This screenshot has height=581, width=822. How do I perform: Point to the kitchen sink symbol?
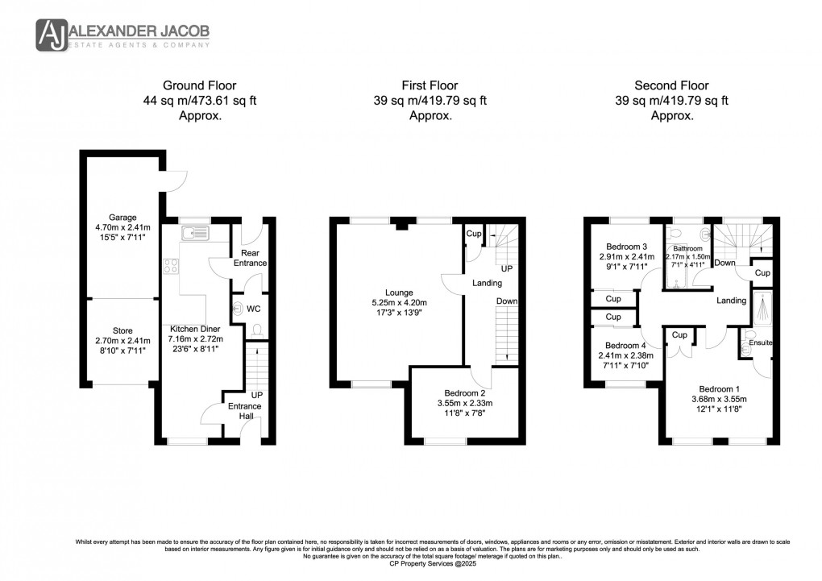tap(194, 234)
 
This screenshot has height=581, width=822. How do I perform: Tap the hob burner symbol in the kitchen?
tap(171, 265)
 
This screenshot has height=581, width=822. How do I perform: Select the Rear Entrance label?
tap(249, 257)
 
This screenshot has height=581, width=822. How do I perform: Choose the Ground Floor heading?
tap(199, 85)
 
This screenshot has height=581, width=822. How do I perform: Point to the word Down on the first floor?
tap(507, 301)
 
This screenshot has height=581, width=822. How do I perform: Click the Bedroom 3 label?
tap(626, 247)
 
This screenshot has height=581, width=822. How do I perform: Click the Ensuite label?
tap(761, 342)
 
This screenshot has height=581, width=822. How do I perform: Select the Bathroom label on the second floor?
tap(687, 248)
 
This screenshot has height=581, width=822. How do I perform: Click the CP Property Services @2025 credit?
tap(411, 562)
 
